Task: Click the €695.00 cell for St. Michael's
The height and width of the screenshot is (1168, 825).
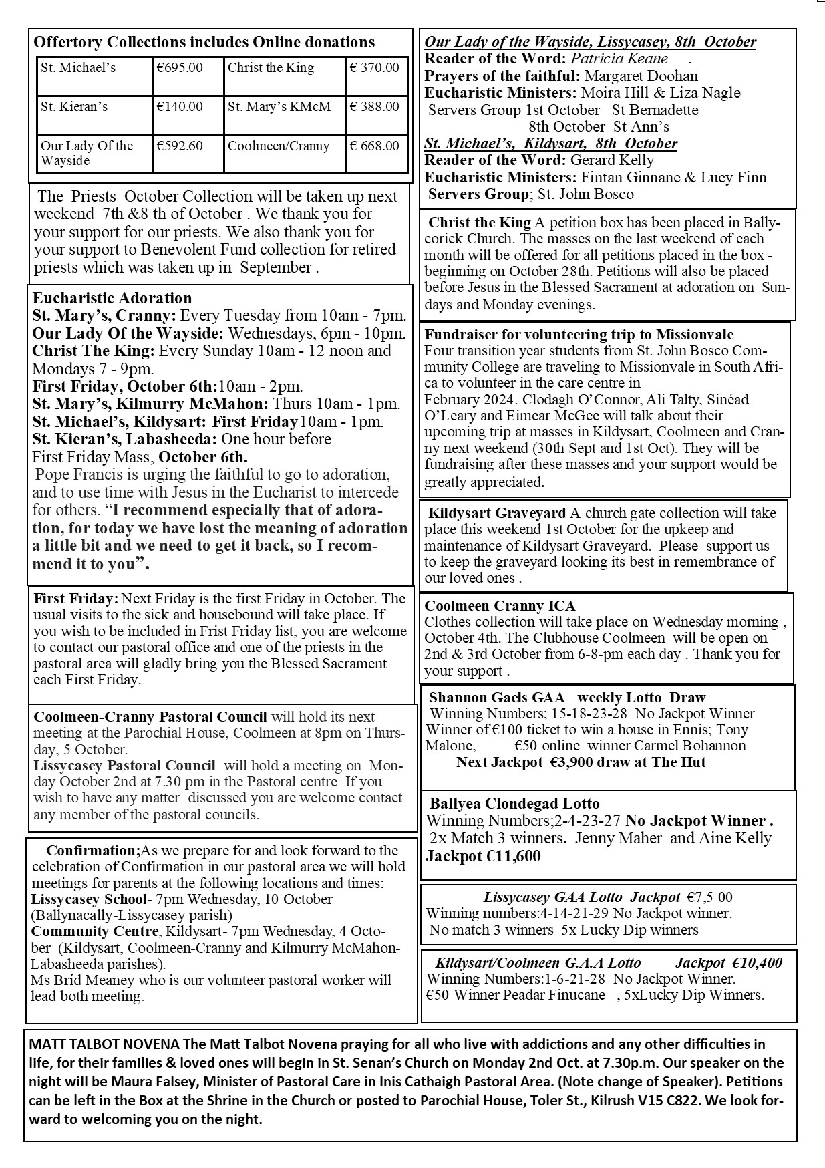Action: pos(179,68)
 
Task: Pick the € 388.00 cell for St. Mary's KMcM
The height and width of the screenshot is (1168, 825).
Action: pos(375,107)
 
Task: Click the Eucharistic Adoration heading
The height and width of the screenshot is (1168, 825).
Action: pos(112,298)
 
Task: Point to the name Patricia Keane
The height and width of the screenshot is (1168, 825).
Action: pos(619,59)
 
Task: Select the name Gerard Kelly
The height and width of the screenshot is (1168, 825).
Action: pos(612,160)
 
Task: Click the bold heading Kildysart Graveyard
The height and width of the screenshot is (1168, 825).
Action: pos(497,513)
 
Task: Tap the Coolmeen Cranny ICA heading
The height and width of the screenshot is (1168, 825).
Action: pos(500,606)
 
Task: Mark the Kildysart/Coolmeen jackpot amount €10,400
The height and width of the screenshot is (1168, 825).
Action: pos(757,963)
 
